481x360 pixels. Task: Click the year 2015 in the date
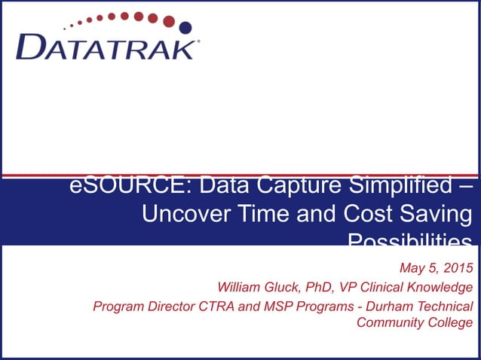tap(458, 268)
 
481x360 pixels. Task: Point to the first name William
tap(240, 287)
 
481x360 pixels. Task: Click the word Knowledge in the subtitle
tap(444, 287)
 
